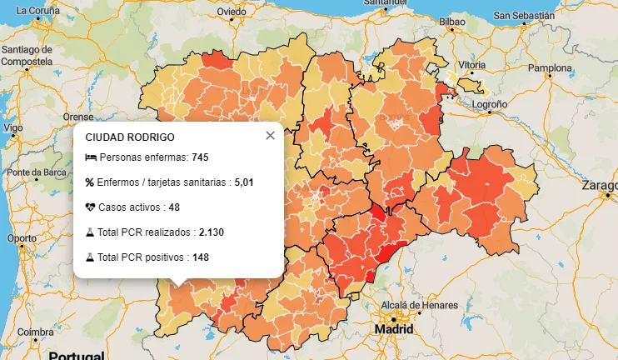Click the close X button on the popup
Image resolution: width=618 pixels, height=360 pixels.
(270, 136)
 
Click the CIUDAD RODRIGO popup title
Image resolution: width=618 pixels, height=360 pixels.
(130, 137)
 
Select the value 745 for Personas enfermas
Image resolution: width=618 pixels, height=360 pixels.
(199, 157)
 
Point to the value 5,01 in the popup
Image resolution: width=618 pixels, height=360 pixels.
(243, 182)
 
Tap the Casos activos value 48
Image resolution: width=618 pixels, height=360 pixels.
(174, 207)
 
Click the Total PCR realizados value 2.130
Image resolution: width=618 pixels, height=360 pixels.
(212, 232)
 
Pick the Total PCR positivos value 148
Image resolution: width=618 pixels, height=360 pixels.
(200, 257)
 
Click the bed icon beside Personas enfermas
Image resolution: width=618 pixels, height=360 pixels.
(91, 157)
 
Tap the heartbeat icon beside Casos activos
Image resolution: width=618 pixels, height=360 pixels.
(91, 207)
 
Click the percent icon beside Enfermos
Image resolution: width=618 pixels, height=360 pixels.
(90, 182)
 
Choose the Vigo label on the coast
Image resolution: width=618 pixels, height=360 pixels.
(13, 128)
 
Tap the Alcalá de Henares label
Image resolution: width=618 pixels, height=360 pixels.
(414, 305)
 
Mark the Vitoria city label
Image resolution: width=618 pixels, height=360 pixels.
(471, 65)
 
